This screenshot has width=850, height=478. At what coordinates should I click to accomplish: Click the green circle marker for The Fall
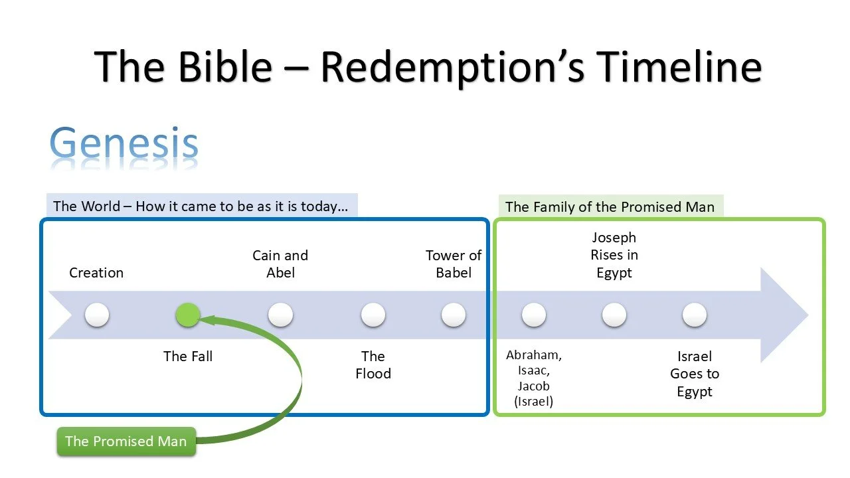pos(188,315)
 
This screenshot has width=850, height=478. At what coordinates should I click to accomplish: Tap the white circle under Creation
pos(97,315)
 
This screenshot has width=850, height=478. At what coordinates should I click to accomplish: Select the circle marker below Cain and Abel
pos(280,315)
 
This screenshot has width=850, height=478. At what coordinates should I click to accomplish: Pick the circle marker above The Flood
pos(373,315)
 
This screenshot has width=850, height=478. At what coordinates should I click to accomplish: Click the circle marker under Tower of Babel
pos(454,315)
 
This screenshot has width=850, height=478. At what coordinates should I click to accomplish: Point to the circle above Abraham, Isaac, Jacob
pos(534,315)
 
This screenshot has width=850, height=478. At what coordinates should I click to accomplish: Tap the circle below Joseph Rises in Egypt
pos(614,315)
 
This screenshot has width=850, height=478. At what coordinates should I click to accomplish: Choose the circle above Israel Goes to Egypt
pos(694,315)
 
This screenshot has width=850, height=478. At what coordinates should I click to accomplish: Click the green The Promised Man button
pos(126,441)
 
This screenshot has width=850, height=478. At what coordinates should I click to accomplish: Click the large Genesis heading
pos(124,144)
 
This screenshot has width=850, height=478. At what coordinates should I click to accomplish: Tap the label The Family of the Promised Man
pos(610,206)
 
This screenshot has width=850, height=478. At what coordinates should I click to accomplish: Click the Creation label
pos(96,273)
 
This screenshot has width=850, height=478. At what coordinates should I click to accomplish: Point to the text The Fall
pos(188,357)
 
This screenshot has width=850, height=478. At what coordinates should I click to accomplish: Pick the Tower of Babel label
pos(454,264)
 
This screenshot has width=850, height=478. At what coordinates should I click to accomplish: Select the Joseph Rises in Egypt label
pos(614,255)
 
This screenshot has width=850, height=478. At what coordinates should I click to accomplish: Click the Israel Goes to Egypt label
pos(695,374)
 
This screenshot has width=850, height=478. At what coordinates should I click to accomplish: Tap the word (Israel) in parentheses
pos(534,402)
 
